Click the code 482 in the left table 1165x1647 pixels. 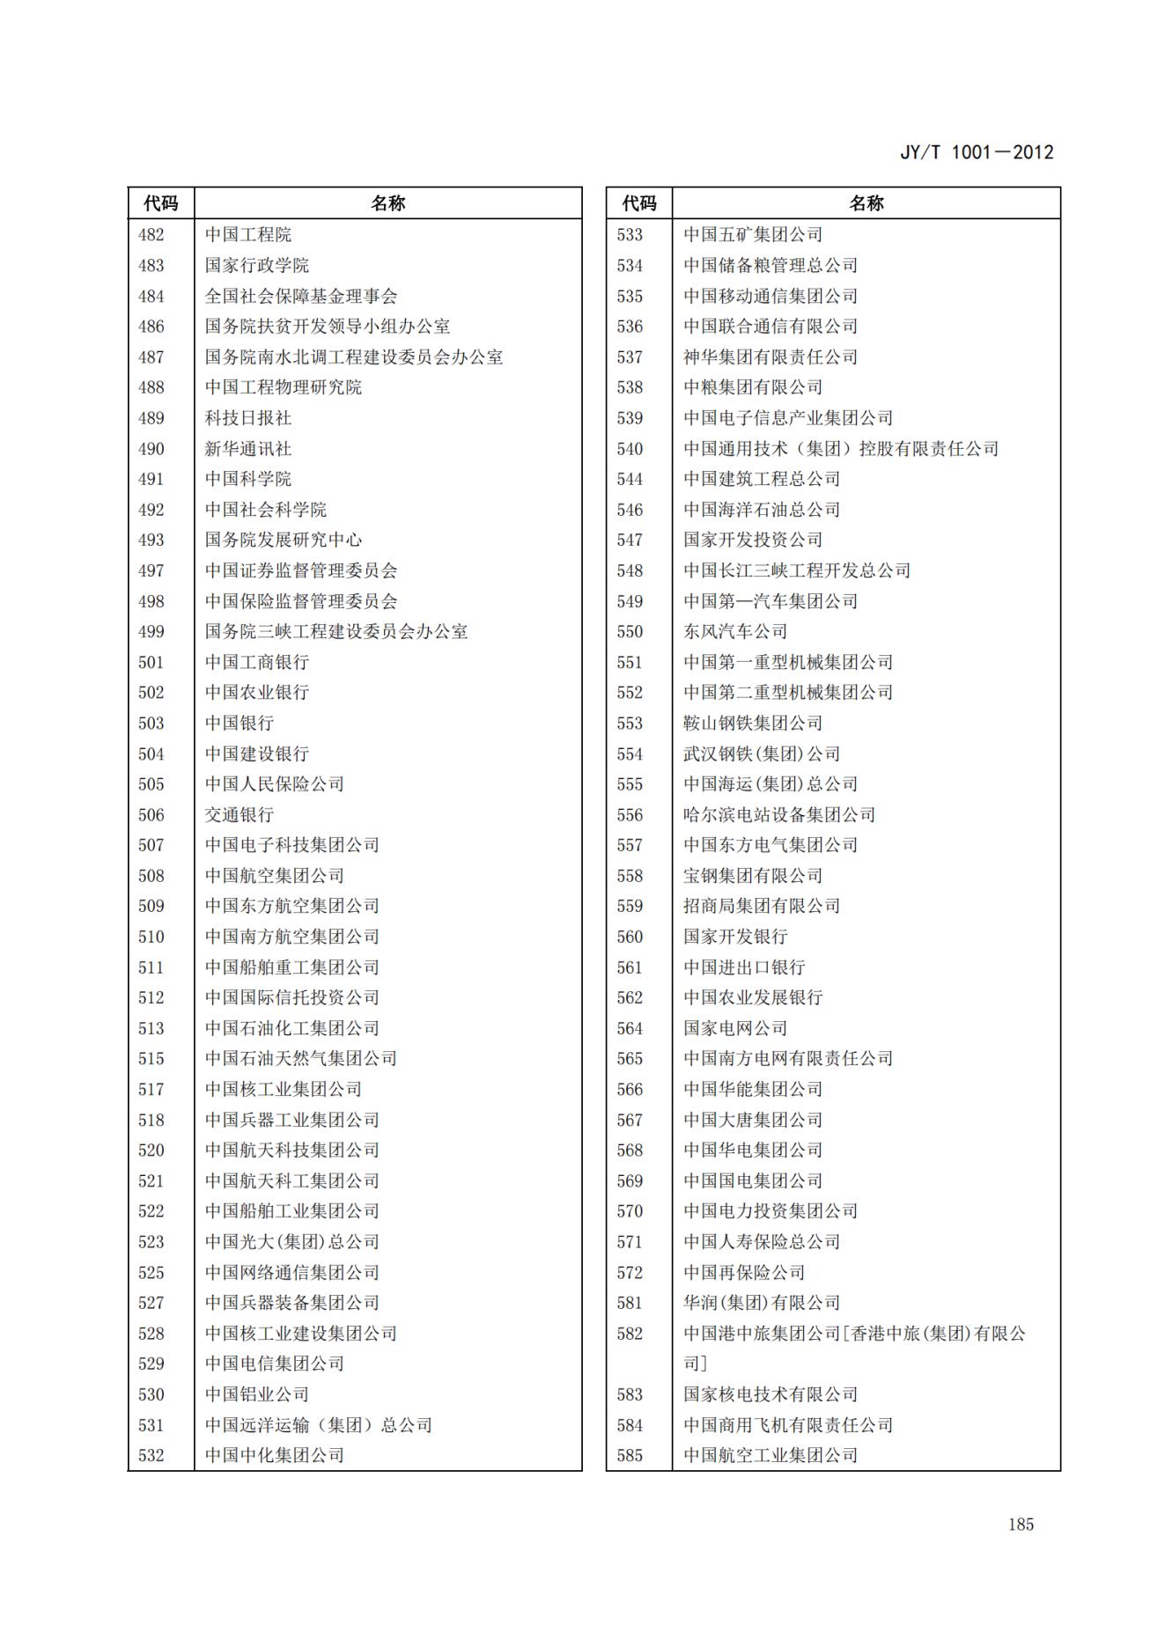point(151,235)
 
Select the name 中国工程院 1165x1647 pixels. point(248,235)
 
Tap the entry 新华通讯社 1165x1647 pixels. point(248,449)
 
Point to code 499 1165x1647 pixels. point(151,632)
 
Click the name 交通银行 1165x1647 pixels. point(240,815)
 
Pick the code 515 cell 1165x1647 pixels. point(151,1059)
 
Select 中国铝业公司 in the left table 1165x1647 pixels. point(257,1394)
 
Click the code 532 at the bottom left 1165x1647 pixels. point(151,1455)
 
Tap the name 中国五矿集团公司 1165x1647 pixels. point(753,235)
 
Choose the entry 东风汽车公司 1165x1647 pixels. point(735,632)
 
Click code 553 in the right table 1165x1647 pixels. point(630,724)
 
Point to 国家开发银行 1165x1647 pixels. point(735,937)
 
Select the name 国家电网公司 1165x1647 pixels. point(735,1028)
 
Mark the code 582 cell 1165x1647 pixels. point(630,1334)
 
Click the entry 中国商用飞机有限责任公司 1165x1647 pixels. point(788,1425)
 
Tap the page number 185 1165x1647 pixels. point(1021,1525)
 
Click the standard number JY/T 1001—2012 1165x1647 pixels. point(977,152)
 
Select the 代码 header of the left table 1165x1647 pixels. point(161,203)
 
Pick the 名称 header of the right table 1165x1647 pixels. point(866,203)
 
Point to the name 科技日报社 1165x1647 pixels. point(248,418)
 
